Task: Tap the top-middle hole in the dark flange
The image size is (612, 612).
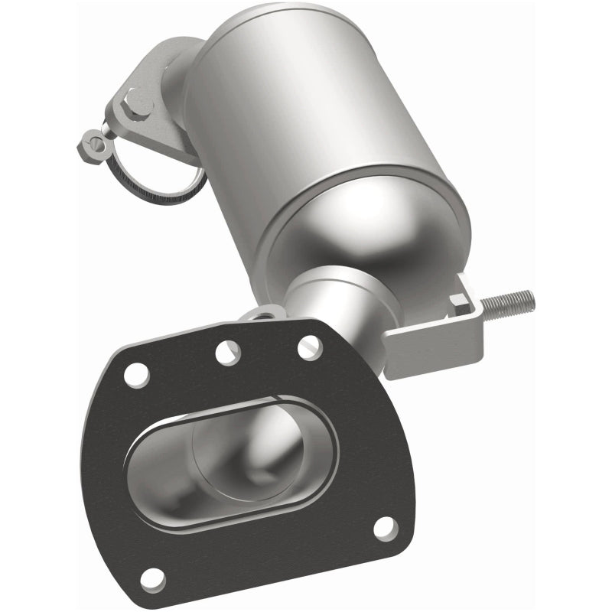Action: [228, 352]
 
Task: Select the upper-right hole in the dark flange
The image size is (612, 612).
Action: [309, 347]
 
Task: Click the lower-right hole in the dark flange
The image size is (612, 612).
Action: [386, 529]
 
